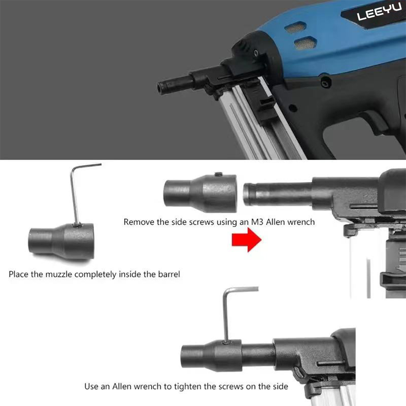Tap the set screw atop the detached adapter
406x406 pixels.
pos(218,175)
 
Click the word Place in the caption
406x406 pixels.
pos(18,274)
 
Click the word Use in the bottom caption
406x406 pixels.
pos(91,386)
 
